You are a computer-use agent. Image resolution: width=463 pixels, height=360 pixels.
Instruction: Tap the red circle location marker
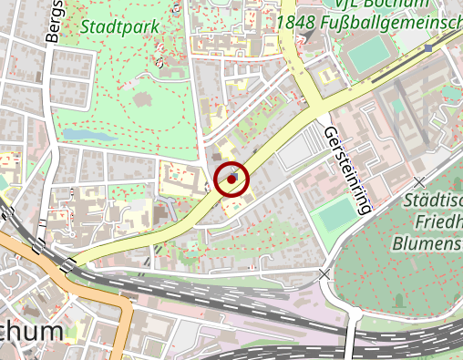click(232, 179)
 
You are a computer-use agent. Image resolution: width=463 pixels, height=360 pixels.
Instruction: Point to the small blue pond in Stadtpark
click(81, 135)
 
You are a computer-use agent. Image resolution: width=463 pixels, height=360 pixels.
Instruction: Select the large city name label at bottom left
click(31, 333)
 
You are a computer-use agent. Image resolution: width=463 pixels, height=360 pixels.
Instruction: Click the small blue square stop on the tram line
click(428, 48)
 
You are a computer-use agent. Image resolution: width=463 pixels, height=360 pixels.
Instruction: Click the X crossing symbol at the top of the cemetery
click(418, 182)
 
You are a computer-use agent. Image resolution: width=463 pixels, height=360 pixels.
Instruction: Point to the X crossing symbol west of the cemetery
click(324, 273)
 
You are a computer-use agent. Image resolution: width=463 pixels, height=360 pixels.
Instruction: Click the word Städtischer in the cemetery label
click(433, 201)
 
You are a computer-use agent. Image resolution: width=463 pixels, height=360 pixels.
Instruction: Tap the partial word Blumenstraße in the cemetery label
click(427, 243)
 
